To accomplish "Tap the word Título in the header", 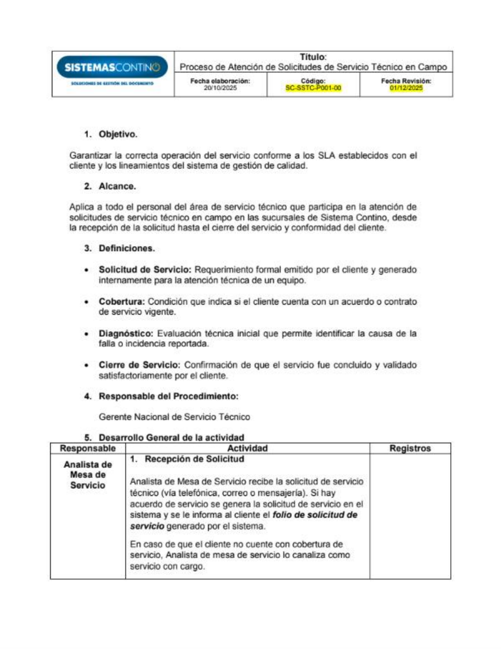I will [x=313, y=57].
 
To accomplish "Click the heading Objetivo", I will [x=117, y=134].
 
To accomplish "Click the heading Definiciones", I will [x=126, y=248].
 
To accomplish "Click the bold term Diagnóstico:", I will [x=126, y=333].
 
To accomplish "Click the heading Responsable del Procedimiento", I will [x=168, y=396].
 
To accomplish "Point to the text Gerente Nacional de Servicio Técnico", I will [x=174, y=416].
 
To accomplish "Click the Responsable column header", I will [x=87, y=448].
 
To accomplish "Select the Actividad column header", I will [x=247, y=448].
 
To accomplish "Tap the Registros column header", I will [x=410, y=448].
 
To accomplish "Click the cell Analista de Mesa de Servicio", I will [x=87, y=475].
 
